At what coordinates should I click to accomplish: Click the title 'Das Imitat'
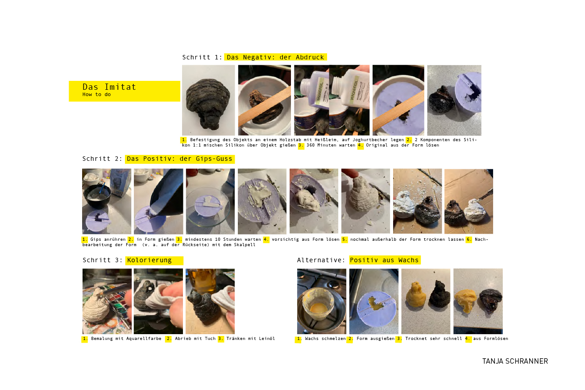(x=109, y=87)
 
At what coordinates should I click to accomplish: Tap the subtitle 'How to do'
(x=97, y=94)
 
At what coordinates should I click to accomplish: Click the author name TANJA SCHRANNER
(x=515, y=361)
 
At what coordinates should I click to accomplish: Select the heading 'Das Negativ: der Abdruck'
(x=275, y=57)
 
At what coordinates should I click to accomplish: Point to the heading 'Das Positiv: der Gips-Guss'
(x=179, y=159)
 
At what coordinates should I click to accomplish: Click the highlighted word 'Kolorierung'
(x=149, y=260)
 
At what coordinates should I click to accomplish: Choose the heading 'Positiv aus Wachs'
(x=384, y=260)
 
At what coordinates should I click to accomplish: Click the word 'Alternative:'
(x=321, y=260)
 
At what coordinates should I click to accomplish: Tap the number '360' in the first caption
(x=310, y=145)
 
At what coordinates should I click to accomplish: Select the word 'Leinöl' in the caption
(x=267, y=339)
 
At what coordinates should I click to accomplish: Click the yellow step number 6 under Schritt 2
(x=469, y=239)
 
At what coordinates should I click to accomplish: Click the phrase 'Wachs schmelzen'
(x=325, y=339)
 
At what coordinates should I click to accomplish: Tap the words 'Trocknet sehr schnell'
(x=434, y=339)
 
